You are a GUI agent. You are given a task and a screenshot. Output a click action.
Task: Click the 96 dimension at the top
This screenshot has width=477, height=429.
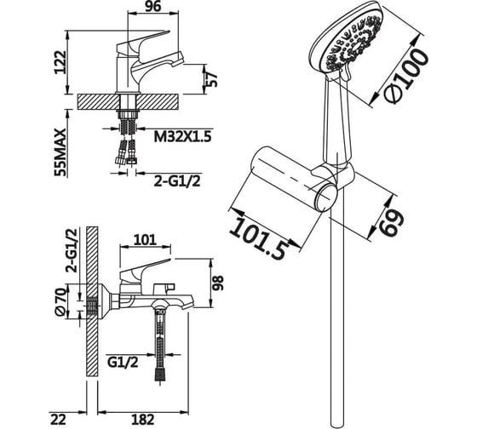pyautogui.click(x=152, y=7)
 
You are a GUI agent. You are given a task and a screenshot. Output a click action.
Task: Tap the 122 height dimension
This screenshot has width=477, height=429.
pyautogui.click(x=60, y=62)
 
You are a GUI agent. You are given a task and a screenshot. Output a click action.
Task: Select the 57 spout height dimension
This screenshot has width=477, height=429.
pyautogui.click(x=212, y=79)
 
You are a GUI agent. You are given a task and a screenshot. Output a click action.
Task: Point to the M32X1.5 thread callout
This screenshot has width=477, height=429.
pyautogui.click(x=182, y=137)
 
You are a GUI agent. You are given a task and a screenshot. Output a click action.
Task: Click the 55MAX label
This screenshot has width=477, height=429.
pyautogui.click(x=60, y=152)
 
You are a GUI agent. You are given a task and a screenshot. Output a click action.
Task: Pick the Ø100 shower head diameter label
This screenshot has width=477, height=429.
pyautogui.click(x=405, y=76)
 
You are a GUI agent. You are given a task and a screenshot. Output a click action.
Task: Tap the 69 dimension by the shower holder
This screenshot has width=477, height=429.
pyautogui.click(x=392, y=220)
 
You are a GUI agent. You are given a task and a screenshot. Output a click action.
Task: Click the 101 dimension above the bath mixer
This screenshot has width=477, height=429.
pyautogui.click(x=145, y=239)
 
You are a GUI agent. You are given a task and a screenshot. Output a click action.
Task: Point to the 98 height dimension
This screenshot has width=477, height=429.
pyautogui.click(x=218, y=283)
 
